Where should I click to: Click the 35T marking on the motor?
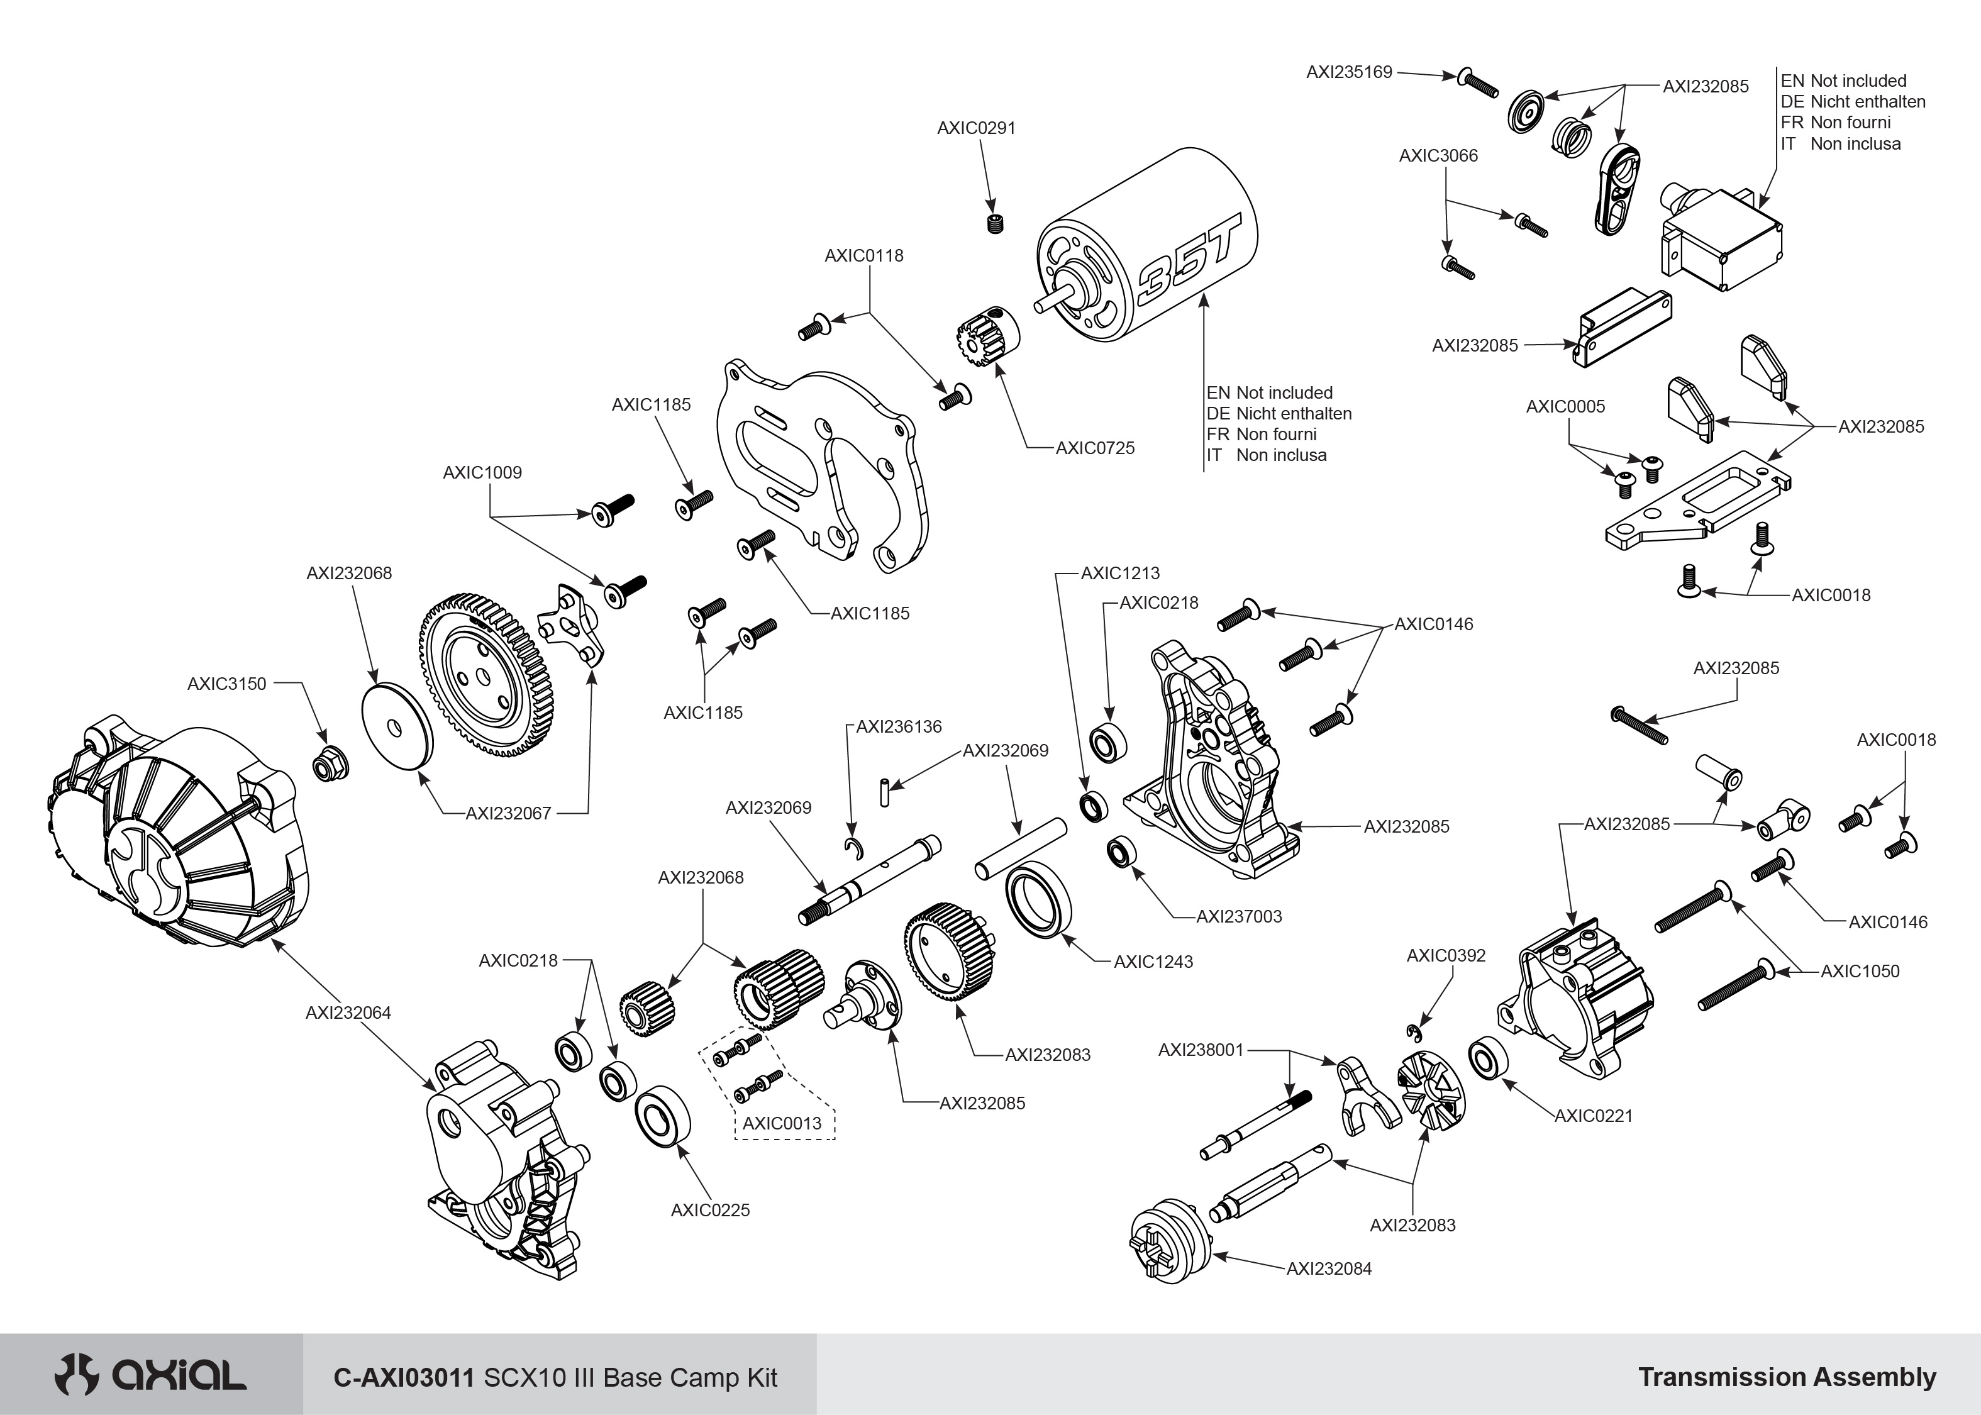[x=1185, y=266]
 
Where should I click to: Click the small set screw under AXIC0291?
[x=996, y=223]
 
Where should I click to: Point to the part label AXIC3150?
[x=226, y=684]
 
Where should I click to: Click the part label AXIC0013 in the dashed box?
[x=782, y=1123]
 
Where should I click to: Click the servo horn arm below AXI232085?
[x=1617, y=189]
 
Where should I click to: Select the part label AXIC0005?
[x=1565, y=407]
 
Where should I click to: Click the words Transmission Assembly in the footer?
[x=1787, y=1377]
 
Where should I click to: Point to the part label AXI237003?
[x=1239, y=917]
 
